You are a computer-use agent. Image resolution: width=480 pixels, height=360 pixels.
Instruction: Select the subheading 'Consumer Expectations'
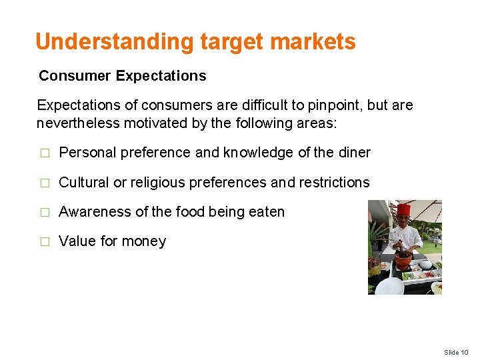pyautogui.click(x=123, y=76)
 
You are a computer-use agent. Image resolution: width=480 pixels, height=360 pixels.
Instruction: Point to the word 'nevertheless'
pyautogui.click(x=75, y=123)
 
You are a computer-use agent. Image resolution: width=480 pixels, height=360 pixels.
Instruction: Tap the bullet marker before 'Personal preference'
pyautogui.click(x=45, y=153)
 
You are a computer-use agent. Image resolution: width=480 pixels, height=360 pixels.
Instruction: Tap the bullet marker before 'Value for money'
pyautogui.click(x=45, y=242)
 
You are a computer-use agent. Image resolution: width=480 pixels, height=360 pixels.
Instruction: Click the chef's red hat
pyautogui.click(x=403, y=211)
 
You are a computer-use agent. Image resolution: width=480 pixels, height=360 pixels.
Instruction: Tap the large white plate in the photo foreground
pyautogui.click(x=389, y=287)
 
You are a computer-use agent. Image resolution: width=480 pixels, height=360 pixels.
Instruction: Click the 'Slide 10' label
pyautogui.click(x=457, y=352)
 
